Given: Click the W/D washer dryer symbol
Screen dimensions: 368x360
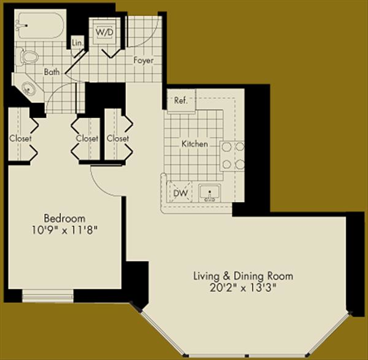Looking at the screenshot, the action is coord(105,32).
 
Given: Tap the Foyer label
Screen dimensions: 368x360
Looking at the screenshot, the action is coord(144,60).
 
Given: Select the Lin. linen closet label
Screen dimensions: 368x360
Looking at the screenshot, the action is coord(78,43).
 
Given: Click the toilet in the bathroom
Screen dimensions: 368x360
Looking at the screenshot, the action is coord(27,56).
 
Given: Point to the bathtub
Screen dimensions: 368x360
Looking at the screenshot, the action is coord(40,25).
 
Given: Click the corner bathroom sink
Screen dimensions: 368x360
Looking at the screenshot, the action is coord(28,88).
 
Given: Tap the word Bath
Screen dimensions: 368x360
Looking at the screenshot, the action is coord(52,72).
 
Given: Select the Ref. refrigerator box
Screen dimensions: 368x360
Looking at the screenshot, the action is coord(181,100).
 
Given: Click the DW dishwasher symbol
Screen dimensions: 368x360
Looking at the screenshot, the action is coord(180,193).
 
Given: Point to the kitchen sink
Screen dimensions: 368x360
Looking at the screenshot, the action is coord(209,193).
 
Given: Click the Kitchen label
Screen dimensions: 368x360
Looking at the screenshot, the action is coord(194,144).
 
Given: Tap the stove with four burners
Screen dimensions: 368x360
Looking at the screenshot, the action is coord(232,156).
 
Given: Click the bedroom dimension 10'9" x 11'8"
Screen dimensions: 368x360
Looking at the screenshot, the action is coord(64,230).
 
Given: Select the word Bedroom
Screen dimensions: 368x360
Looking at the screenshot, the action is coord(64,218).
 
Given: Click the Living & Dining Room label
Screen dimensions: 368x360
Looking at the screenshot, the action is coord(243,276).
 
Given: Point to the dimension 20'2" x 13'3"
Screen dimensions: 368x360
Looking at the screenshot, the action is coord(242,288).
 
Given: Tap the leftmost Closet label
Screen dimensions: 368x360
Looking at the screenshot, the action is coord(20,138).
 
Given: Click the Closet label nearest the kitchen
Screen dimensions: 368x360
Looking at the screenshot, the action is coord(118,138).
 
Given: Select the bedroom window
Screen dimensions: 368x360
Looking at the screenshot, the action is coord(48,296).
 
